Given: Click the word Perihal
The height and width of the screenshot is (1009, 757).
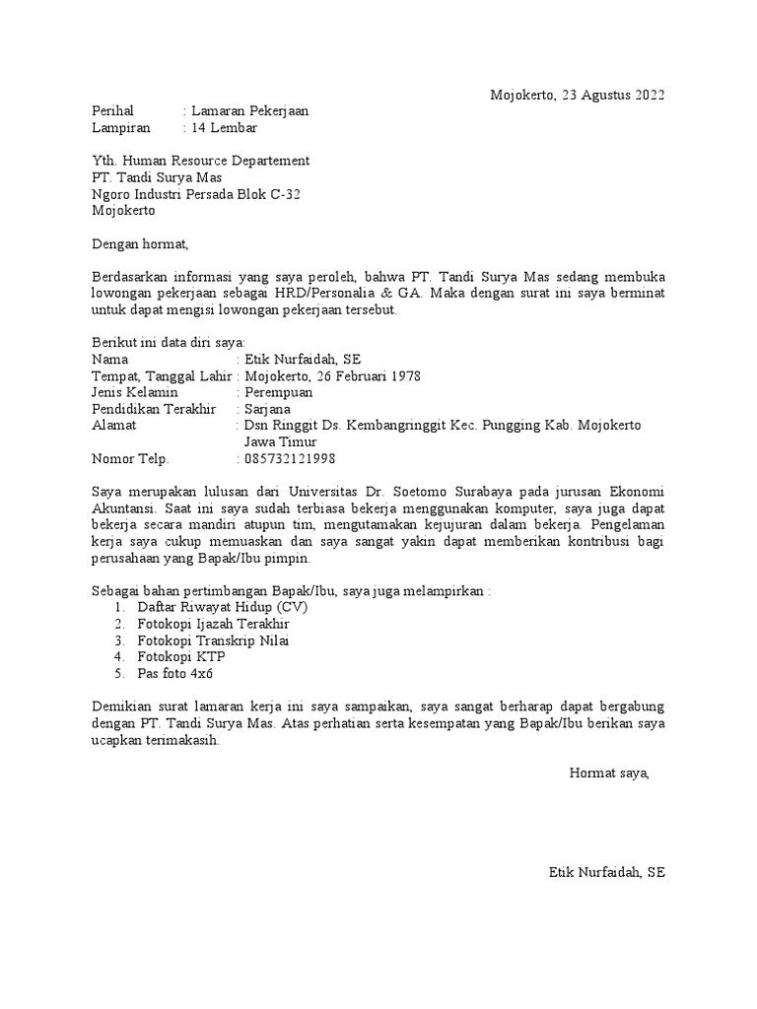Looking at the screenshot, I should (x=111, y=111).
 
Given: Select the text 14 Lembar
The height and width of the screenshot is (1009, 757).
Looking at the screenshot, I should (x=225, y=128).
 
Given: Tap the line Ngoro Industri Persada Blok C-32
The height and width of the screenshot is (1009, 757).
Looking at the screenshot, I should (x=196, y=194).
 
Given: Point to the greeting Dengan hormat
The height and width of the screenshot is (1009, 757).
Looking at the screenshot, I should (x=139, y=243).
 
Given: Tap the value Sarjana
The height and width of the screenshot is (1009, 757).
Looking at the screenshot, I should (x=268, y=409).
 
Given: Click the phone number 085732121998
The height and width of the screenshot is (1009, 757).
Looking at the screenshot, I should (x=289, y=458).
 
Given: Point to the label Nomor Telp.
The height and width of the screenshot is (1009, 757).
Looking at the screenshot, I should (x=130, y=458).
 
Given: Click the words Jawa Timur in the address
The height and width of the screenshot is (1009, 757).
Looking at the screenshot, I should (x=280, y=441).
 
